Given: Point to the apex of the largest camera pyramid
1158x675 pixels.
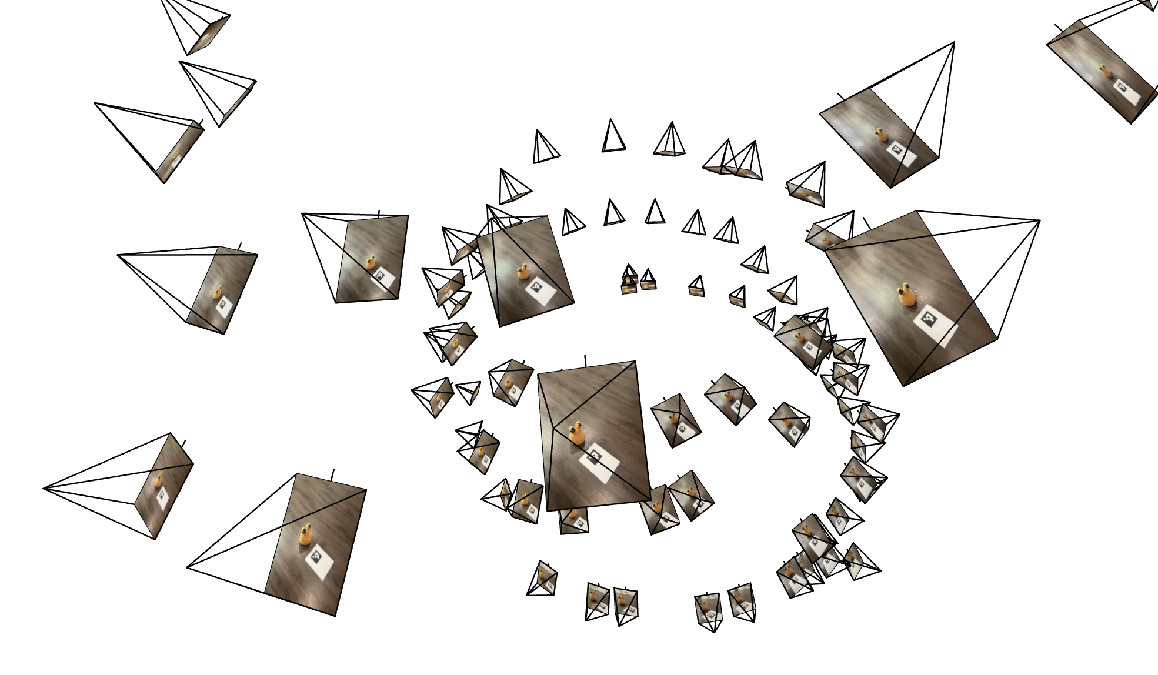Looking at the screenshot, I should (x=1039, y=220).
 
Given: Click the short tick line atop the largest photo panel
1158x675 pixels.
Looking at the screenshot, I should (x=866, y=223).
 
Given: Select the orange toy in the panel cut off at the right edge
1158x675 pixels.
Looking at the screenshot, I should (x=1104, y=73).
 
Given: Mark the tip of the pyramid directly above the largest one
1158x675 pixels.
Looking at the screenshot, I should (x=953, y=42).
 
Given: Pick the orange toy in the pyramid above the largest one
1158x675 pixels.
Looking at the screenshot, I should (x=880, y=134).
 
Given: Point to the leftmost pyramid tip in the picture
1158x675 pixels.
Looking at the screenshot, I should (x=44, y=488).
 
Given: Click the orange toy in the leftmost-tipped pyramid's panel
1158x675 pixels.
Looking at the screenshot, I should (x=159, y=479).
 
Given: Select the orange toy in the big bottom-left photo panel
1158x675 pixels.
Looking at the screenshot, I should (x=306, y=534).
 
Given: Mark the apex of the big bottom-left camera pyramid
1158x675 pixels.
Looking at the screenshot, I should (x=187, y=567).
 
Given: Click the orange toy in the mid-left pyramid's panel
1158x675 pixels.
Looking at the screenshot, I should (x=217, y=292).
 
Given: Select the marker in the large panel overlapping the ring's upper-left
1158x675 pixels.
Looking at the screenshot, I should (x=537, y=288).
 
